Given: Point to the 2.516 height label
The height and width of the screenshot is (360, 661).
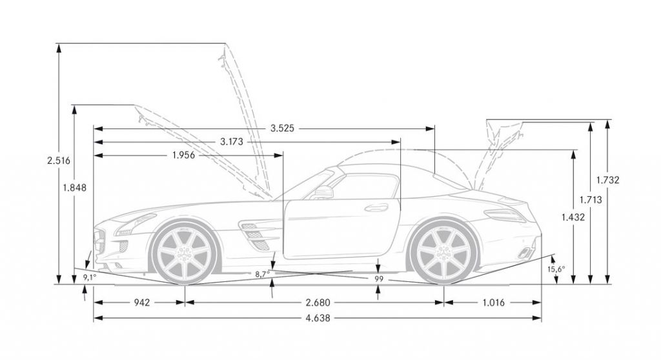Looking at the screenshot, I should [x=58, y=160].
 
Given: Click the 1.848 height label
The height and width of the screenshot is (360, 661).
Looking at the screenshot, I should [x=75, y=187].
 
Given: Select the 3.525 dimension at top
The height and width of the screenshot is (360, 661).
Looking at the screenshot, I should [x=282, y=128].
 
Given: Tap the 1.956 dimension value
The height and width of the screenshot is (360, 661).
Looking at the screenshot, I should [x=185, y=155].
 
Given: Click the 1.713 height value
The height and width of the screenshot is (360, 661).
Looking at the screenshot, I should [x=591, y=200].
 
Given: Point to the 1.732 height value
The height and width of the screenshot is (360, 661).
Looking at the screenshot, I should [x=608, y=181].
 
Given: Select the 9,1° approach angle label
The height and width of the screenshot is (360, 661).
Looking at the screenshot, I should [x=89, y=277].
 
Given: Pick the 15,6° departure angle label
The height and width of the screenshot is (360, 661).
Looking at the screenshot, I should [x=556, y=268].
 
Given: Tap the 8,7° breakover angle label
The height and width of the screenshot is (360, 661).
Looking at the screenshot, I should [x=262, y=274].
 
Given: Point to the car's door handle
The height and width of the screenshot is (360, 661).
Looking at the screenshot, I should [x=372, y=208].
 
